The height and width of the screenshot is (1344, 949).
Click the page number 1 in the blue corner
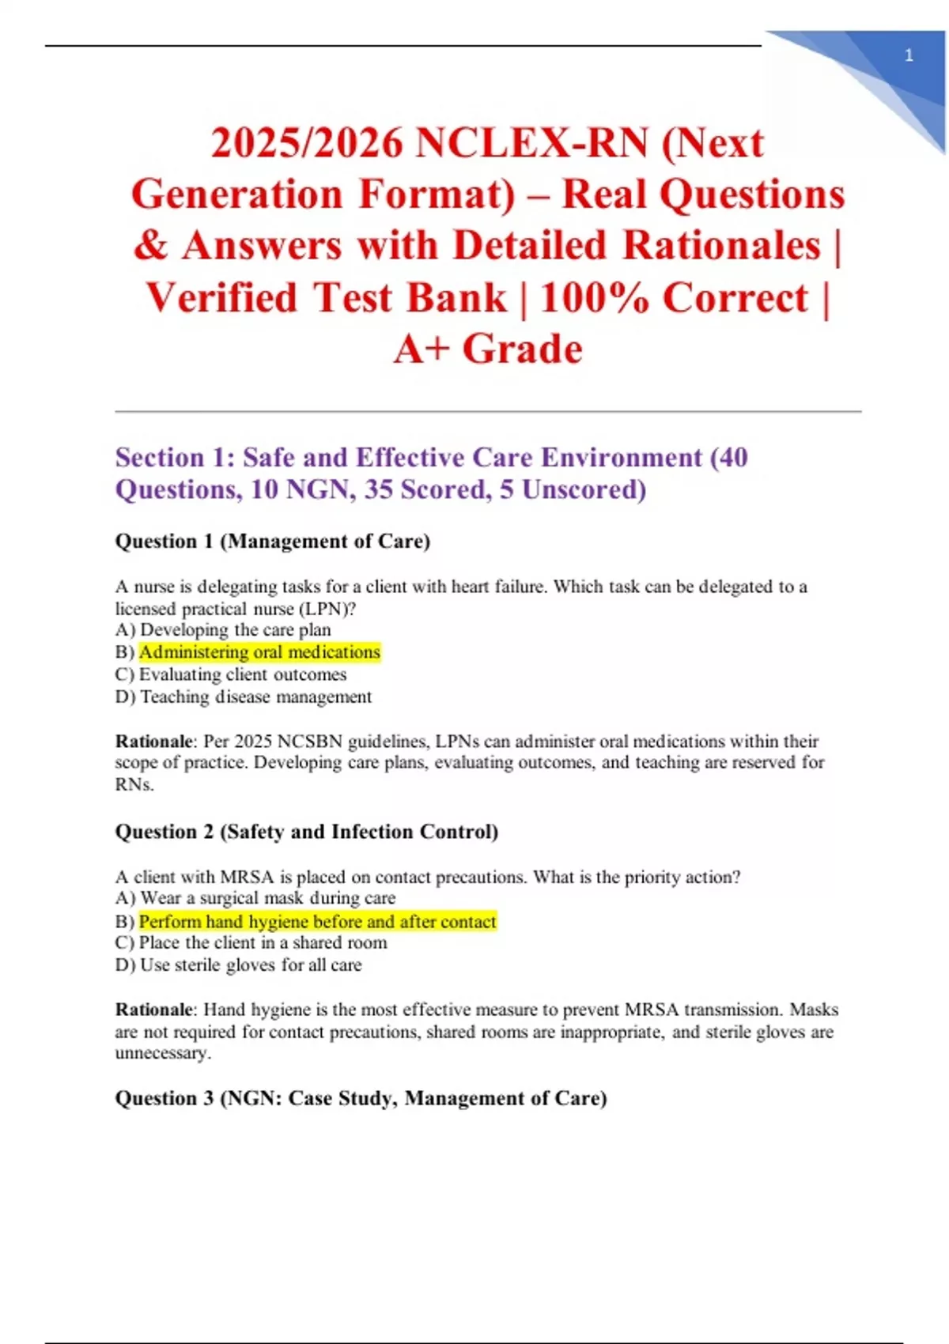tap(909, 55)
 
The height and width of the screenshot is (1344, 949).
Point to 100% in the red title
tap(595, 298)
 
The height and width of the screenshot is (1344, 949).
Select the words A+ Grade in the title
tap(488, 349)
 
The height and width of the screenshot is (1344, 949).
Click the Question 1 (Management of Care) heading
tap(273, 542)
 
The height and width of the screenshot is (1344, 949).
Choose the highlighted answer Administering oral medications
tap(259, 652)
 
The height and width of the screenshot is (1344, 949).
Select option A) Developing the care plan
tap(223, 630)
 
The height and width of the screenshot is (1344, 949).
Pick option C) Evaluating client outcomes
tap(231, 674)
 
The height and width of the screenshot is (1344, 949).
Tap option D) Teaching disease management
tap(244, 697)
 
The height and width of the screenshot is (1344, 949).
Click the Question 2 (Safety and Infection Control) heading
tap(307, 832)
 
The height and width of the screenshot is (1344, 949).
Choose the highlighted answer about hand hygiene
tap(317, 921)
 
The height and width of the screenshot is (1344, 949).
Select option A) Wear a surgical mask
tap(255, 898)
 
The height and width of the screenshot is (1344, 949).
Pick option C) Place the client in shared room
tap(251, 943)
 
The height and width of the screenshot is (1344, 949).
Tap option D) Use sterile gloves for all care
tap(239, 965)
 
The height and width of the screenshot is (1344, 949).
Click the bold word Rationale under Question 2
tap(154, 1010)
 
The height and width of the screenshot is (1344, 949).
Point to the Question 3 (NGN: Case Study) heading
tap(361, 1098)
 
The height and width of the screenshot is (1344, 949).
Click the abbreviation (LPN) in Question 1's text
tap(327, 609)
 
